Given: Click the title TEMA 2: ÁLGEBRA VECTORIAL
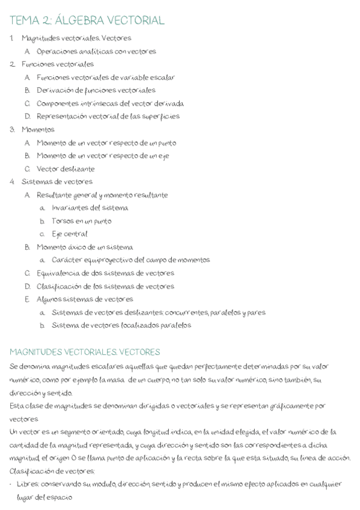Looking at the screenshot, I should coord(87,20).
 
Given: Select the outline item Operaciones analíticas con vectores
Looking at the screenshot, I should coord(96,51).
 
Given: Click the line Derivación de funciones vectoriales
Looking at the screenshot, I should coord(96,90).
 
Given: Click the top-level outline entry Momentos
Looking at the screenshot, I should coord(38,129).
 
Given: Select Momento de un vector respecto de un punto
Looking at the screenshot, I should coord(106,143).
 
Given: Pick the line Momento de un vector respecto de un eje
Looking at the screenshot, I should coord(103,156).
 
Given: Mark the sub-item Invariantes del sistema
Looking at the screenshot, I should coord(90,208).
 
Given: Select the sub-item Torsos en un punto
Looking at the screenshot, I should coord(81,221).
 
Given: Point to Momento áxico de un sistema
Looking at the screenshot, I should coord(85,247).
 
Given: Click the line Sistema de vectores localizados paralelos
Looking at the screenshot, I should coord(121,325).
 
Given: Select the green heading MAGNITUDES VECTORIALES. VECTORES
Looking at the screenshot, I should coord(85,352).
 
